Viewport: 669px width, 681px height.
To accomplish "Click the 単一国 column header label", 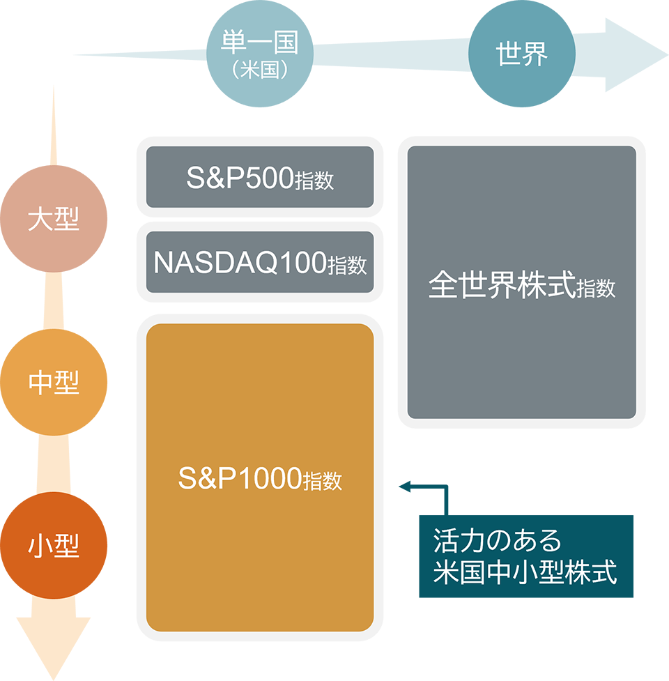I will point(259,43).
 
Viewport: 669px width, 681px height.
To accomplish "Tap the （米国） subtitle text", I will point(259,71).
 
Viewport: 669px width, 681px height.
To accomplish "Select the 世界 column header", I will point(522,54).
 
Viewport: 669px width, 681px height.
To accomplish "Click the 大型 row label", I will point(54,220).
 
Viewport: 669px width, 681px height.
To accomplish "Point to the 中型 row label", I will point(54,383).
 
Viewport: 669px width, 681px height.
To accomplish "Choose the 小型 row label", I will point(54,546).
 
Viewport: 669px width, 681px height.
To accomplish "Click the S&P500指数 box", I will point(260,178).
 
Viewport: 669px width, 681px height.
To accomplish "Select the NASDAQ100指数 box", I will point(260,263).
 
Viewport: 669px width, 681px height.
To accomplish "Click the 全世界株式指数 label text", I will point(522,286).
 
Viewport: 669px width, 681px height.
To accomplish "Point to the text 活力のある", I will point(497,541).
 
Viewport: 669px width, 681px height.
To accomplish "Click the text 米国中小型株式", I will point(525,573).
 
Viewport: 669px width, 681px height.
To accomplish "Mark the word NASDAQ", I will point(214,263).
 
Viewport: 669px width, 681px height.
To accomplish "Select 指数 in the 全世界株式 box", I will point(597,288).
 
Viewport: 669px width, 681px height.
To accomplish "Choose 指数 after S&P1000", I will point(323,481).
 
